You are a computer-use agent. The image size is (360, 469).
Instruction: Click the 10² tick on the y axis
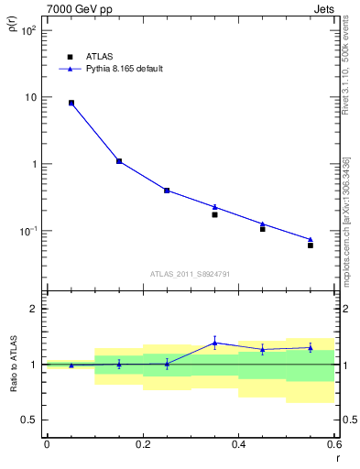click(29, 30)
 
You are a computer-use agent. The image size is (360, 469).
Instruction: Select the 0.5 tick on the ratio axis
click(30, 420)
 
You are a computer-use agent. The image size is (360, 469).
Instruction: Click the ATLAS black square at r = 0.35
click(214, 214)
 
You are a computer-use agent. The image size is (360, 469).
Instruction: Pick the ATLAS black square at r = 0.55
click(311, 245)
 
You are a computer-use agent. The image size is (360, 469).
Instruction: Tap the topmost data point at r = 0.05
click(71, 103)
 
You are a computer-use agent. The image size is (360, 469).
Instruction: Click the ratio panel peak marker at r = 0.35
click(214, 343)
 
